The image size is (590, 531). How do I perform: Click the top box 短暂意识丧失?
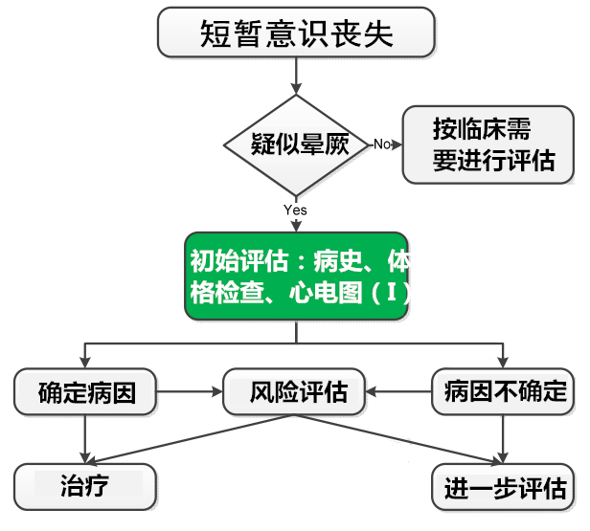tap(296, 33)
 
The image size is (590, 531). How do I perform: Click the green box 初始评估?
tap(296, 277)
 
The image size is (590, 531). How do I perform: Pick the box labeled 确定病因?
tap(86, 391)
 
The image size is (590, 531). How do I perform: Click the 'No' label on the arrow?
tap(381, 144)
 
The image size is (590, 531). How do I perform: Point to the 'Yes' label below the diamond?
tap(295, 210)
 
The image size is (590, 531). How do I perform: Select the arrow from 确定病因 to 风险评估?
tap(189, 391)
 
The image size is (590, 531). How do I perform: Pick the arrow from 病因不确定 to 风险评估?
tap(400, 391)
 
